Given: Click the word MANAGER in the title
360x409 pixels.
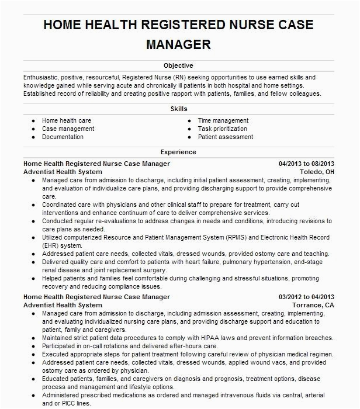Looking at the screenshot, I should [179, 44].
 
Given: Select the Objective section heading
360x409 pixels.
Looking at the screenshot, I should [179, 66].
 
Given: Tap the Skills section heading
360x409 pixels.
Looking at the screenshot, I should [179, 109].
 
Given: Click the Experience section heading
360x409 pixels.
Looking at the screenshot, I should [179, 152].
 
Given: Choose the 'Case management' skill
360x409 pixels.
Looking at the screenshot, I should [68, 129].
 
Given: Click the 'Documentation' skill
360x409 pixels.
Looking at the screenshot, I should [63, 137].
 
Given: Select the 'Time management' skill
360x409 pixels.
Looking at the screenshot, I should [223, 121].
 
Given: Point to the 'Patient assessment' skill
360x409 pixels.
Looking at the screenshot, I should [226, 137].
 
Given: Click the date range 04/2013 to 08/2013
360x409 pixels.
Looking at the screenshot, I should [306, 164].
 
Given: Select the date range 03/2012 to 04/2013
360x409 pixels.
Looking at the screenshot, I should [306, 297].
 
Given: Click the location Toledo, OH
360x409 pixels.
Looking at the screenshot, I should [317, 172].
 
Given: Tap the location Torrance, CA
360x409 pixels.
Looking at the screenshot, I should [313, 306].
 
